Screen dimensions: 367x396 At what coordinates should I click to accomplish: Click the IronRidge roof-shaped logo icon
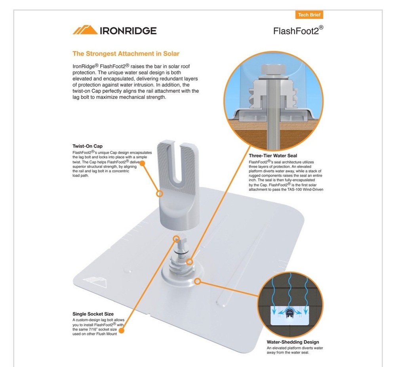click(85, 30)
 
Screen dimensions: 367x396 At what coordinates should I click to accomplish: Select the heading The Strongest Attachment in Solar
click(126, 54)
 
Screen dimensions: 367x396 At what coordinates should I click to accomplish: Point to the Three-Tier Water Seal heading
click(273, 156)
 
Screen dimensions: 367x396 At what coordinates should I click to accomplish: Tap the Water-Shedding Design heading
click(293, 342)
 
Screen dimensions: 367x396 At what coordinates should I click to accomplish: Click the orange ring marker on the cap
click(160, 194)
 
